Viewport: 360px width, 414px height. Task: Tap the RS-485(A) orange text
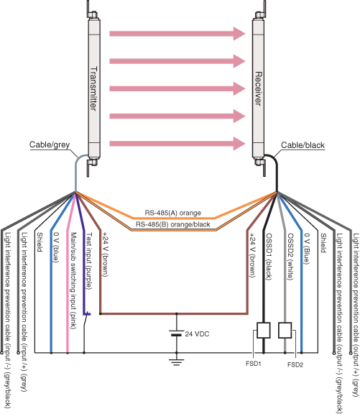tap(172, 213)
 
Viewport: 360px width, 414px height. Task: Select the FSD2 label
tap(295, 364)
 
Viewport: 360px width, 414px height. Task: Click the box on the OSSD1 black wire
tap(263, 331)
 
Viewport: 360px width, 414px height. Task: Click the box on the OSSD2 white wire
tap(285, 331)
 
